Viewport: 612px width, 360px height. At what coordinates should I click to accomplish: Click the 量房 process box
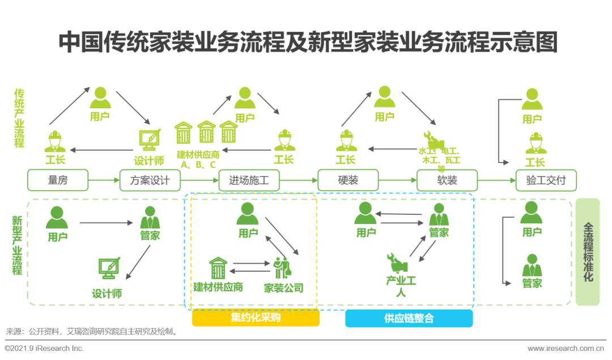click(58, 181)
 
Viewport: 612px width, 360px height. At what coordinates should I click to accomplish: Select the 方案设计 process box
click(150, 181)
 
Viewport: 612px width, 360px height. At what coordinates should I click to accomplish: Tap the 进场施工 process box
click(249, 181)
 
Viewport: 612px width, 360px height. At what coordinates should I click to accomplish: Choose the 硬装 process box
click(348, 181)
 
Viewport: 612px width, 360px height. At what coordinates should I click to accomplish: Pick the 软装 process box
click(447, 181)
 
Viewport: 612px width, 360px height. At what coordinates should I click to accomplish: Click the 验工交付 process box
click(546, 181)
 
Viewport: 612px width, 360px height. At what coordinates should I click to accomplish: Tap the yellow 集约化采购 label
click(256, 318)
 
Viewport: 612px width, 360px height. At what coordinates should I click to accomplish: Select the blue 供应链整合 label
click(409, 318)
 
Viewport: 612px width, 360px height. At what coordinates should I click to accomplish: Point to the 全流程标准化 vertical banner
click(588, 252)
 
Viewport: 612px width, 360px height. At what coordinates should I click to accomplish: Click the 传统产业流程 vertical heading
click(19, 118)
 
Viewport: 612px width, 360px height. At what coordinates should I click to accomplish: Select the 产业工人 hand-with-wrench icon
click(398, 262)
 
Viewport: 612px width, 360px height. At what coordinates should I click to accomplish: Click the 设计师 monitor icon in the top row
click(149, 139)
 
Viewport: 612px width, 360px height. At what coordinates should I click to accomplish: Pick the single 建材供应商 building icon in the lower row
click(218, 268)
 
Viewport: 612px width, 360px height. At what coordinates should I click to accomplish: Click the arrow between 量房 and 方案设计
click(104, 181)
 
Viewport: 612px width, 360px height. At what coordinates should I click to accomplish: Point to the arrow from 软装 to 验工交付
click(496, 181)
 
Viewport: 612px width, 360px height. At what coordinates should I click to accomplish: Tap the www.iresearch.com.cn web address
click(566, 348)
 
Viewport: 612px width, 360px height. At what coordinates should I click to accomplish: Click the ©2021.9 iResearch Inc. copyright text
click(44, 348)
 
